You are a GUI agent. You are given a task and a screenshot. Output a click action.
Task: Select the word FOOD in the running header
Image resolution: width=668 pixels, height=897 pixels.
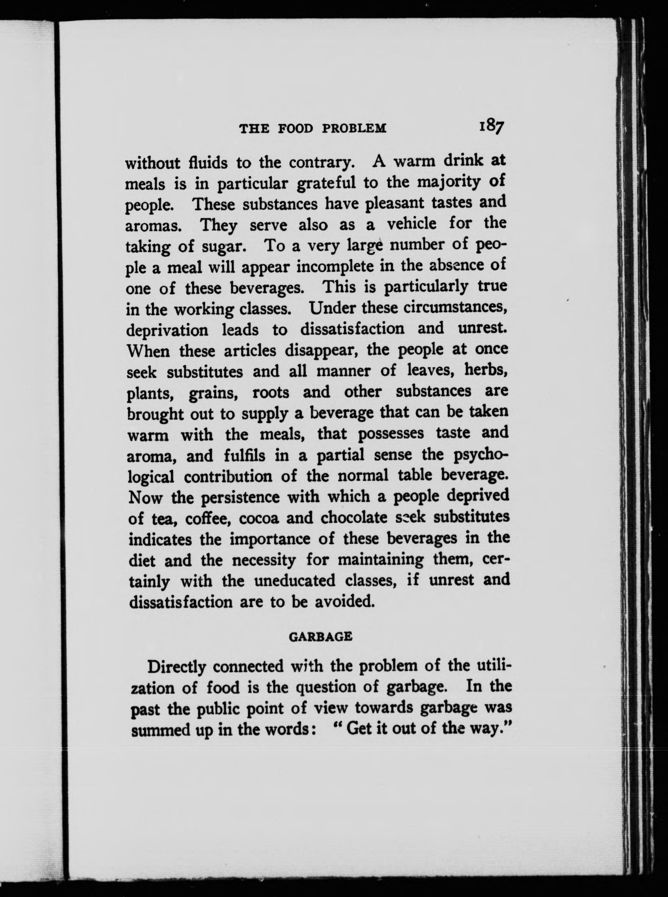tap(296, 129)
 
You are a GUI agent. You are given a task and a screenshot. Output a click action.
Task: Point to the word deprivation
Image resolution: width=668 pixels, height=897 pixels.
tap(167, 330)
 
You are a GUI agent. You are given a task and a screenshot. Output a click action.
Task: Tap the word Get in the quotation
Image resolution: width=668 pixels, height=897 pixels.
tap(361, 728)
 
